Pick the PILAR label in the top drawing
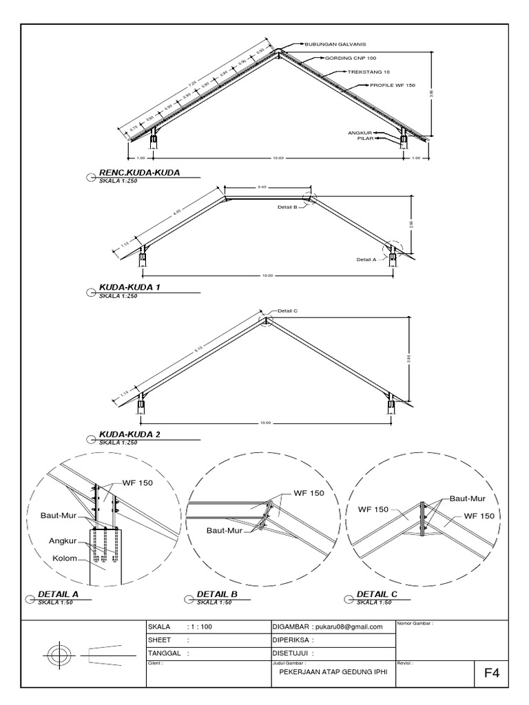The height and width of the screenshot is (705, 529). (365, 138)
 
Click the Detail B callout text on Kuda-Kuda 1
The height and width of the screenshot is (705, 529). (287, 206)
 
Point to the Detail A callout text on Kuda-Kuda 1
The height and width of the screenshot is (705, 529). (366, 260)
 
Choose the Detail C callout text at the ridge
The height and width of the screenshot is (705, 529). (287, 311)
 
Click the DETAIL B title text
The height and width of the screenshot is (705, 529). (217, 593)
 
